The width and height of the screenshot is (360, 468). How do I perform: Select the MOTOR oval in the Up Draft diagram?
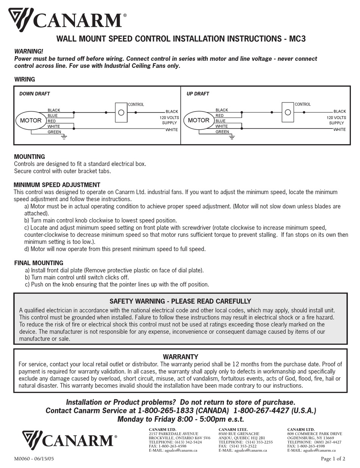pos(199,121)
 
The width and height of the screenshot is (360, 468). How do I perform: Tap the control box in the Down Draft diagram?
pos(121,112)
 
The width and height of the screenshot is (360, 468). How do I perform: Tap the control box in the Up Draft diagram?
pos(288,112)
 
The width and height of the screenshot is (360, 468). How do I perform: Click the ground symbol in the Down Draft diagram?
pos(64,137)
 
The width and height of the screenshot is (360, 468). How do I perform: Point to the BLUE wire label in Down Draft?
pos(53,116)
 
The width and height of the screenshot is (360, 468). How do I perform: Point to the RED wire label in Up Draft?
pos(219,116)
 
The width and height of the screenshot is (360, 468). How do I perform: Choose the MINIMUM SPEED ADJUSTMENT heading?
pos(57,185)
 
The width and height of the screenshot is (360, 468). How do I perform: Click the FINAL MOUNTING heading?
pos(39,263)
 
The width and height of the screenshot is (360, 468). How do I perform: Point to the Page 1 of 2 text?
pos(333,459)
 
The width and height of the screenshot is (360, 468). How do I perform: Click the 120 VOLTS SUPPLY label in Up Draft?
pos(337,121)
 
